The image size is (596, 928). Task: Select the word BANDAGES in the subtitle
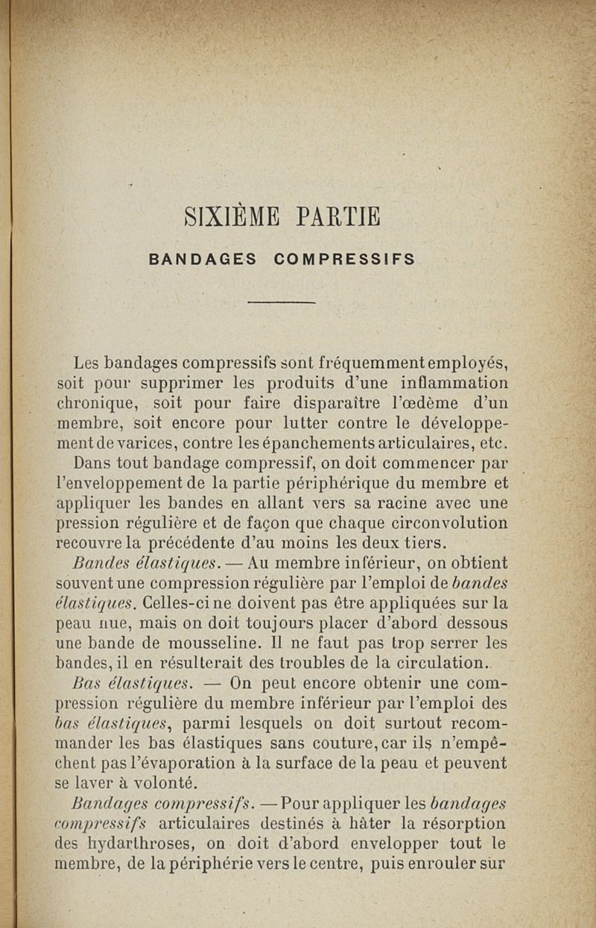pos(203,260)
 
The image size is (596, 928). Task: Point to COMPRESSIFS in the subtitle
pos(344,260)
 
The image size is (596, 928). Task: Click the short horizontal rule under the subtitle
pos(282,302)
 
